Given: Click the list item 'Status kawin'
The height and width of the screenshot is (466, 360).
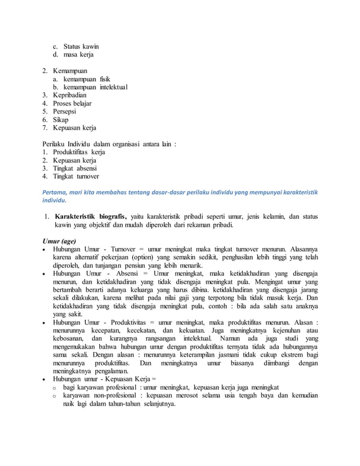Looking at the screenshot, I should tap(81, 46).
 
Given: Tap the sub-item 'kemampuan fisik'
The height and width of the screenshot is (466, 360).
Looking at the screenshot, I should tap(86, 80).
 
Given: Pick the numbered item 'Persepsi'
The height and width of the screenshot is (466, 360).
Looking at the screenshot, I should tap(65, 112).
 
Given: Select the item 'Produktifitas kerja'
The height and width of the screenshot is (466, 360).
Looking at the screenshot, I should tap(79, 152).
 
